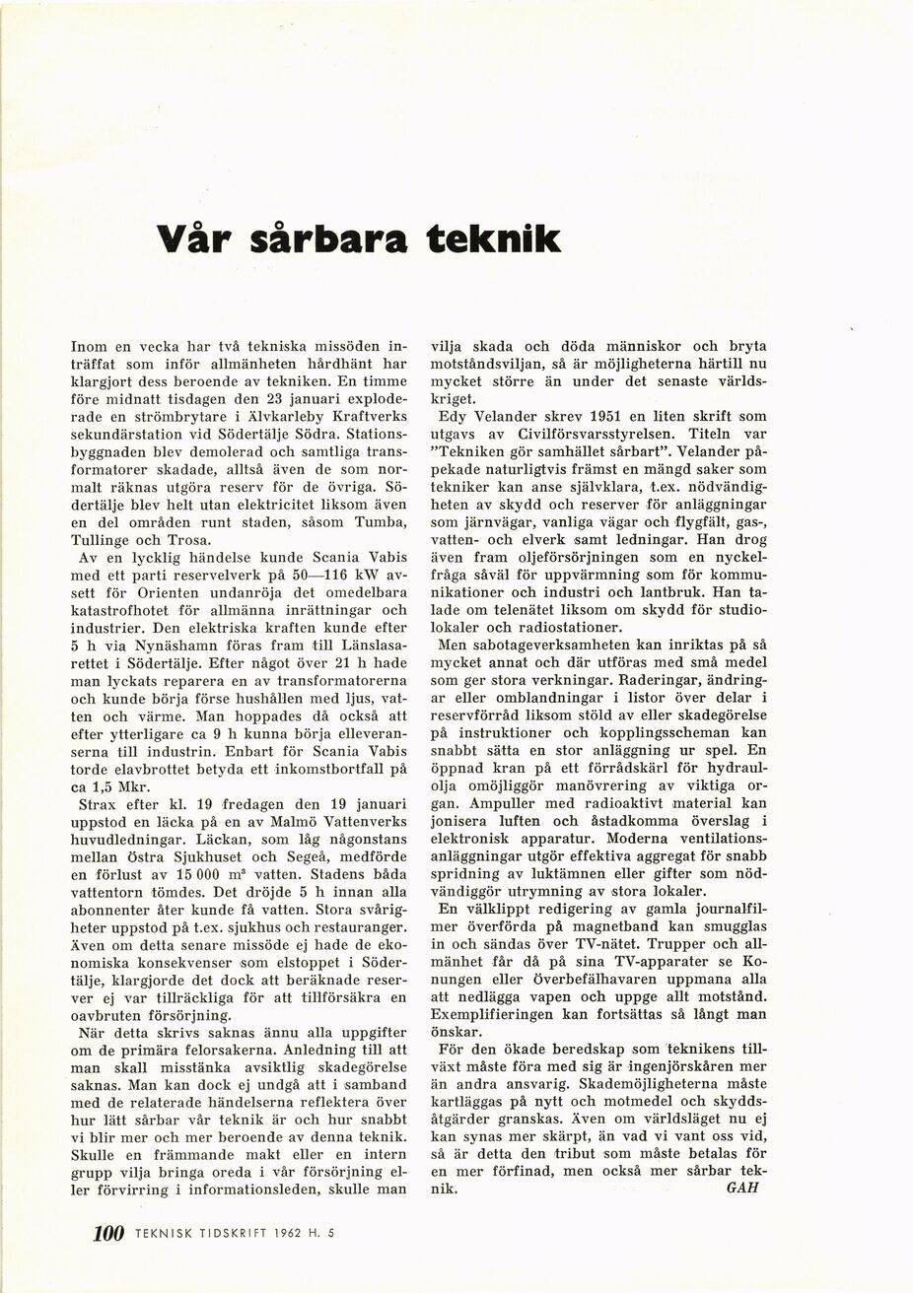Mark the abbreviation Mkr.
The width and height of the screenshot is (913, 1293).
click(x=139, y=788)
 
